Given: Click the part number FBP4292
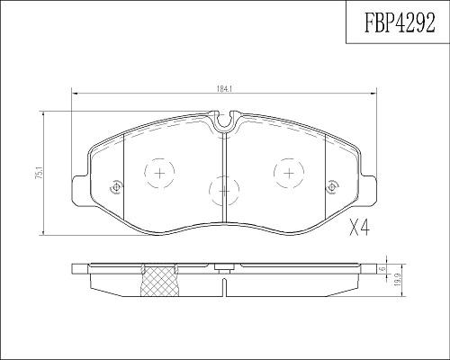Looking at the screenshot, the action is click(x=400, y=22).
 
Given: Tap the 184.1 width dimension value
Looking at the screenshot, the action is click(x=224, y=89).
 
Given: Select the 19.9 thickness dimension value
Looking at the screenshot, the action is click(x=399, y=281).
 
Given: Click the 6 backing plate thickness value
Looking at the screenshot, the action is click(x=382, y=269).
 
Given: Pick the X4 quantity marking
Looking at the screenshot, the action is click(x=360, y=228).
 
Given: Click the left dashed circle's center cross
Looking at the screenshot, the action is click(x=159, y=173).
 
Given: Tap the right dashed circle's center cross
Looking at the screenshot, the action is click(x=289, y=173).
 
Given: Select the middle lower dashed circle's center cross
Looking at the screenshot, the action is click(x=224, y=191).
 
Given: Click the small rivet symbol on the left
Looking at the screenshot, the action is click(x=116, y=188).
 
